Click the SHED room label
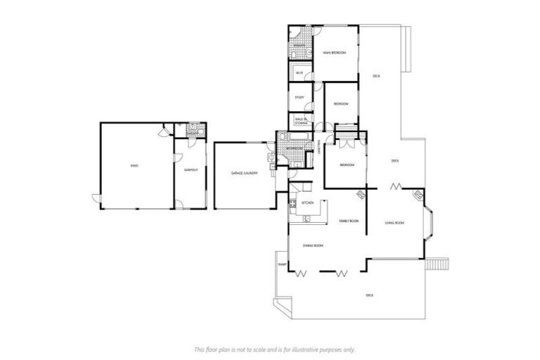pyautogui.click(x=134, y=166)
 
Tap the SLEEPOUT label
pyautogui.click(x=190, y=171)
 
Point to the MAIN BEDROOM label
pyautogui.click(x=334, y=53)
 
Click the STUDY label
pyautogui.click(x=299, y=97)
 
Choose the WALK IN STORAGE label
pyautogui.click(x=301, y=122)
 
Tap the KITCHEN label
pyautogui.click(x=307, y=203)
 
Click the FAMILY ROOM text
pyautogui.click(x=349, y=221)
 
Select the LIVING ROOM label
pyautogui.click(x=394, y=224)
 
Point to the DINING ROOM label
pyautogui.click(x=313, y=245)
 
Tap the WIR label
pyautogui.click(x=299, y=73)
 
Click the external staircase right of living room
pyautogui.click(x=438, y=264)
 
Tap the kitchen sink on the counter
pyautogui.click(x=307, y=219)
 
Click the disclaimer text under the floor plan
pyautogui.click(x=274, y=349)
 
